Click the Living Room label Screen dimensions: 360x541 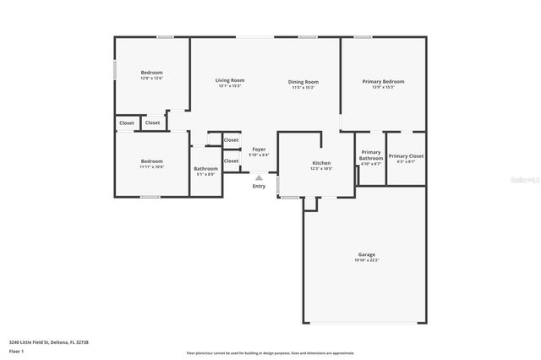click(x=230, y=80)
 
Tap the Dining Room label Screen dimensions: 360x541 click(x=303, y=80)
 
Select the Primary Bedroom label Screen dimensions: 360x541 click(x=383, y=81)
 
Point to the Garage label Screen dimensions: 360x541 click(x=366, y=254)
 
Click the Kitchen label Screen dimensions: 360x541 click(x=321, y=163)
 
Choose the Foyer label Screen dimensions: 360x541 click(x=259, y=149)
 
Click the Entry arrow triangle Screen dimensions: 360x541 click(x=259, y=177)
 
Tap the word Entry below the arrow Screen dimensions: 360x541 click(x=259, y=186)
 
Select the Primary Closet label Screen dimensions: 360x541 click(x=406, y=155)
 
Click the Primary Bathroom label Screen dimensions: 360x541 click(x=371, y=155)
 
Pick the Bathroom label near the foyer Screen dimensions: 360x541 click(x=205, y=168)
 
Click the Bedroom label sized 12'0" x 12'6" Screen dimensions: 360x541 click(x=151, y=73)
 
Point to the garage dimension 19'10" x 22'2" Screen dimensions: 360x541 click(x=366, y=260)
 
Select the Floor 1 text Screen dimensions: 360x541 click(x=17, y=351)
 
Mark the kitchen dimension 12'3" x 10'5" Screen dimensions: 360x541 click(x=321, y=169)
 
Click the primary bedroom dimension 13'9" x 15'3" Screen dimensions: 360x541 click(x=383, y=87)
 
